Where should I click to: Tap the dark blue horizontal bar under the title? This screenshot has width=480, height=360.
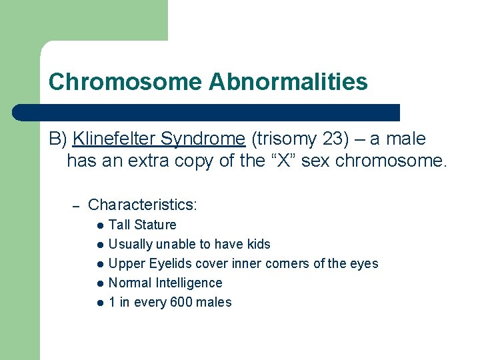tap(207, 112)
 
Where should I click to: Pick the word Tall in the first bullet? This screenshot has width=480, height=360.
tap(119, 225)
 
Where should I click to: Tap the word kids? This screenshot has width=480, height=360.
tap(259, 245)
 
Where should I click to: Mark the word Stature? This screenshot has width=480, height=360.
tap(155, 225)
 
